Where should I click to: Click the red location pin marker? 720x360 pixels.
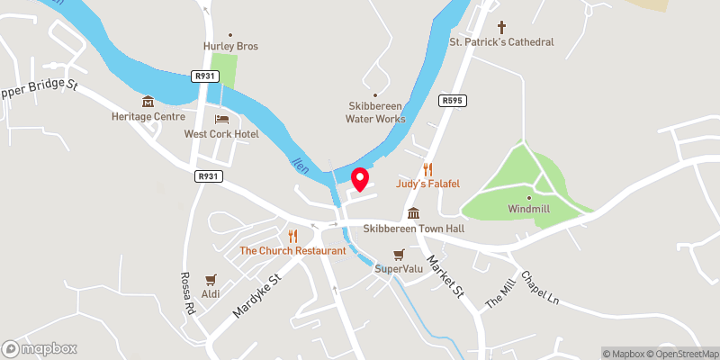click(x=360, y=179)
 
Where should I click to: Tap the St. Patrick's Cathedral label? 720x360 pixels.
click(x=501, y=42)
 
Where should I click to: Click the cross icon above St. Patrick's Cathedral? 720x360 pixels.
click(x=501, y=27)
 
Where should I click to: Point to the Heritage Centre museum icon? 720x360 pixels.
click(x=148, y=101)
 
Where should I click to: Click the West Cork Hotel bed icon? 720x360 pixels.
click(x=220, y=119)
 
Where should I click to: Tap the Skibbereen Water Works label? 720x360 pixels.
click(x=376, y=112)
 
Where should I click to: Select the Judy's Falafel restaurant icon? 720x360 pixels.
click(x=428, y=168)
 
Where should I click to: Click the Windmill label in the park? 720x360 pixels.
click(x=528, y=209)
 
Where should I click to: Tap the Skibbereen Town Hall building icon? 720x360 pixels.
click(x=413, y=213)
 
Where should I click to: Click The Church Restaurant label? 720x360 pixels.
click(x=292, y=250)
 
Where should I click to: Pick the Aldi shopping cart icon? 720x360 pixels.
click(x=211, y=281)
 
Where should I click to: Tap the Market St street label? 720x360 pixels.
click(x=445, y=277)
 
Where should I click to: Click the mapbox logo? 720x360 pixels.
click(x=40, y=348)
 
